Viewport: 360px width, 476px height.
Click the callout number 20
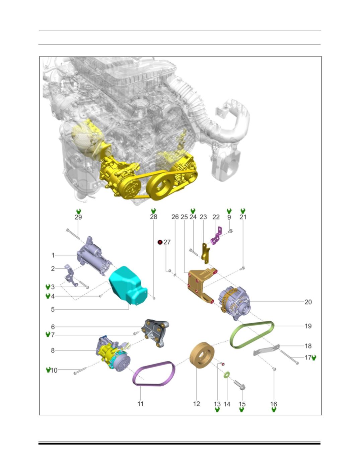coord(308,302)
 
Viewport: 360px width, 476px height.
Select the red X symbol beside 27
coord(160,242)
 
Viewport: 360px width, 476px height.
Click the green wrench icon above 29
coord(79,211)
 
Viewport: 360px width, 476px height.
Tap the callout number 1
coord(53,255)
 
